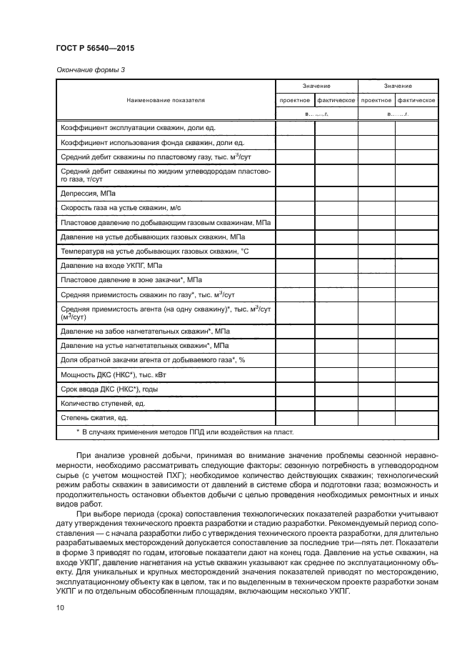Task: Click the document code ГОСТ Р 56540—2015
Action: [x=95, y=47]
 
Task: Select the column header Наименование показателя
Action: [x=166, y=101]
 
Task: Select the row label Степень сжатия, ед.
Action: [x=94, y=417]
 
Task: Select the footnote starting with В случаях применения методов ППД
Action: [x=184, y=432]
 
